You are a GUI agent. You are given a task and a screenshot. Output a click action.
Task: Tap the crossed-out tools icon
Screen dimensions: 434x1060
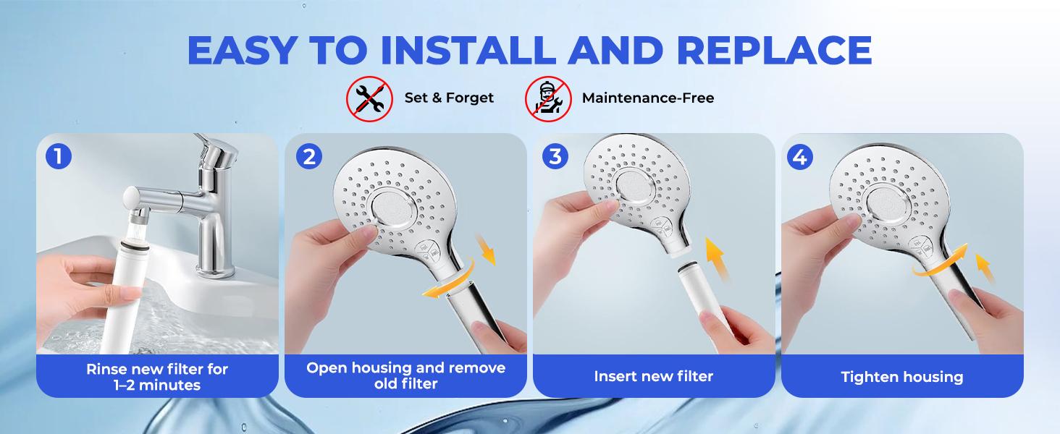(369, 98)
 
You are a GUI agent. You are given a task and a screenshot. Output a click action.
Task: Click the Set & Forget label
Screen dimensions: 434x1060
(449, 98)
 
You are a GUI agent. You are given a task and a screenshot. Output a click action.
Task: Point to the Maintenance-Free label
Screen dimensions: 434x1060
(647, 98)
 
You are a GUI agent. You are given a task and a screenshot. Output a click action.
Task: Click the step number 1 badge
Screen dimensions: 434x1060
(58, 156)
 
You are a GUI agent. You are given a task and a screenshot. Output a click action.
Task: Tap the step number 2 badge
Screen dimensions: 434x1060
(308, 156)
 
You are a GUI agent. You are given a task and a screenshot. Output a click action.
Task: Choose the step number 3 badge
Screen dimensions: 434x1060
(555, 156)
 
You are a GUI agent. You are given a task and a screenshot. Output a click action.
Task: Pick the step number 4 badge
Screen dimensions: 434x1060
(799, 156)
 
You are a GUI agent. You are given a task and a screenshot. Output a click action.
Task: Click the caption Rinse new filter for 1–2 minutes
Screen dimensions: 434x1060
(157, 377)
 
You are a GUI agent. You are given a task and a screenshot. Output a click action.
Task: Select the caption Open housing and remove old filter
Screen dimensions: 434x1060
(405, 375)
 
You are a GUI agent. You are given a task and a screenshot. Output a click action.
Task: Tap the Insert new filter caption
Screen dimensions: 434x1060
(653, 376)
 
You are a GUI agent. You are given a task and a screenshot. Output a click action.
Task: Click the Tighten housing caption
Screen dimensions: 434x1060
(901, 377)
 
